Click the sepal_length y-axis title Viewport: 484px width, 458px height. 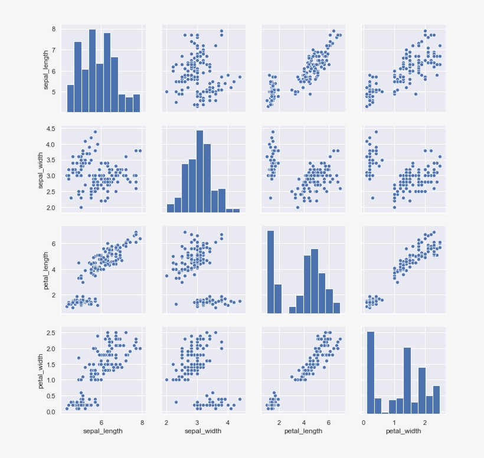47,70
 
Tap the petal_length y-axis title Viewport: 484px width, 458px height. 47,271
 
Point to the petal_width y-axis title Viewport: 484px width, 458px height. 41,372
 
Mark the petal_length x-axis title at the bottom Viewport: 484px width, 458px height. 303,431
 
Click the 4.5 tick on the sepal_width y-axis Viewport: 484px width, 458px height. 50,129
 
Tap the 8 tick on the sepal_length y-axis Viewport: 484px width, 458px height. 53,29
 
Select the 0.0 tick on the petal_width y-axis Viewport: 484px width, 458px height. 50,411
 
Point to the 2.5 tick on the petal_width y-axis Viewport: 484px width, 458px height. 50,333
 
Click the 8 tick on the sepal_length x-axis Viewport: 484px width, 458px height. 142,423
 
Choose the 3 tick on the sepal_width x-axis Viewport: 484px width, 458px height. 197,423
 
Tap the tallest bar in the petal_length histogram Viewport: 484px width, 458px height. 270,271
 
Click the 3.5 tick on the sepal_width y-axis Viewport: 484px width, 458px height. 50,160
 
